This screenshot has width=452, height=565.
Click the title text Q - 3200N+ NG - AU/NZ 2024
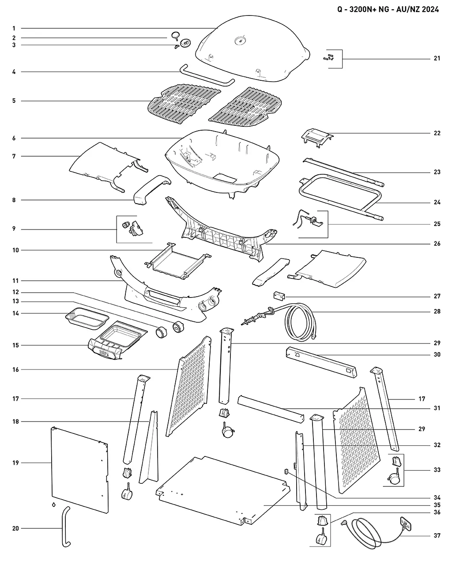tap(388, 10)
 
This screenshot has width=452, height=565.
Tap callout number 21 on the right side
tap(437, 58)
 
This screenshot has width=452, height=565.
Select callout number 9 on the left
tap(14, 229)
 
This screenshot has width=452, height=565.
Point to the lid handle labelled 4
tap(207, 76)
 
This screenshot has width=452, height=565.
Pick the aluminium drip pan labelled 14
tap(87, 318)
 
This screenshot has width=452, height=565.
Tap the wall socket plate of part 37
tap(406, 524)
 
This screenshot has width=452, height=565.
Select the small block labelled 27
tap(279, 296)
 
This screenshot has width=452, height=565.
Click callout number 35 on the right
tap(437, 505)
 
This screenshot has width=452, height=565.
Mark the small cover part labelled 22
tap(317, 138)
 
